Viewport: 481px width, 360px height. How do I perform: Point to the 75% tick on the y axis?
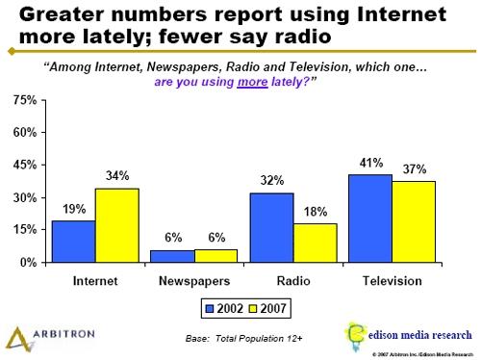25,101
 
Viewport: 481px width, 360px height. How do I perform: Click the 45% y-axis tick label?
25,166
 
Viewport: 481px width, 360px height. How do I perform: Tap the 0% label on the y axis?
29,262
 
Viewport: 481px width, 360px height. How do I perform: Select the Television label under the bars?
391,281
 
